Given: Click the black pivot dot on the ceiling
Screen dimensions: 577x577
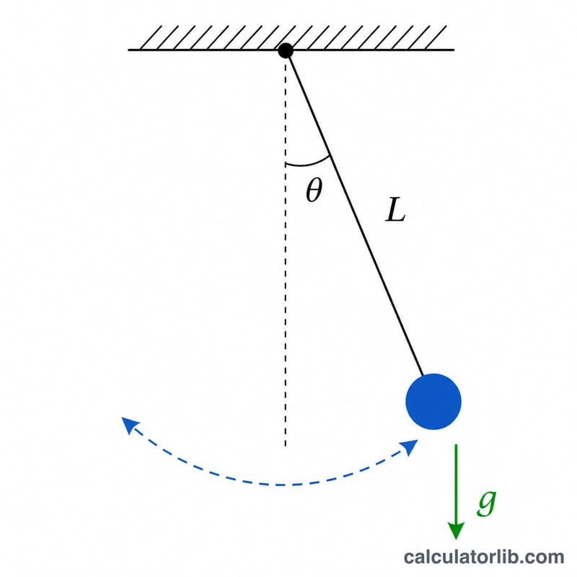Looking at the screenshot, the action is tap(286, 50).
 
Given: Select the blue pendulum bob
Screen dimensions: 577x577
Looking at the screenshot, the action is tap(433, 402).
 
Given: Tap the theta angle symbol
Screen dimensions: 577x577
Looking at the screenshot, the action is tap(314, 190).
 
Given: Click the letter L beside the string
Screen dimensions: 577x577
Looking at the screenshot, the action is tap(395, 209).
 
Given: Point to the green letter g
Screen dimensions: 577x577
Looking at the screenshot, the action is tap(486, 503).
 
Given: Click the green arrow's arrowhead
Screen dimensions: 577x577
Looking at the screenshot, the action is tap(456, 531).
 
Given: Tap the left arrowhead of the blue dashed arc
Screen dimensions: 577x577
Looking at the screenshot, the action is tap(129, 424).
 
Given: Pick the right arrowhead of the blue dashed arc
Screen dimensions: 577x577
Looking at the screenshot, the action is tap(410, 446).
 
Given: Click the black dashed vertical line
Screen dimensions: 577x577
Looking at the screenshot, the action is tap(286, 252).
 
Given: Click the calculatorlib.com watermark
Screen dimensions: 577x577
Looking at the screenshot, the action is tap(483, 556).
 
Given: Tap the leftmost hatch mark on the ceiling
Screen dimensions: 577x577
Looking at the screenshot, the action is tap(151, 38).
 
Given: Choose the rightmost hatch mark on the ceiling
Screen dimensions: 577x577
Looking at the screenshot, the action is tap(436, 38).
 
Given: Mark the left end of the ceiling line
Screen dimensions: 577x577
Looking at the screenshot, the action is tap(128, 50).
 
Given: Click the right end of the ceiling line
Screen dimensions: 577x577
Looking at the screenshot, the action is tap(454, 50).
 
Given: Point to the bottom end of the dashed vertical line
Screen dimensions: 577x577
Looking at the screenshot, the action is tap(286, 446).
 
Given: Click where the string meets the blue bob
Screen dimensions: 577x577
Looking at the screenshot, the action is tap(423, 375).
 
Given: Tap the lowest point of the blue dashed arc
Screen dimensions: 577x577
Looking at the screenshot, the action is tap(281, 485).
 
